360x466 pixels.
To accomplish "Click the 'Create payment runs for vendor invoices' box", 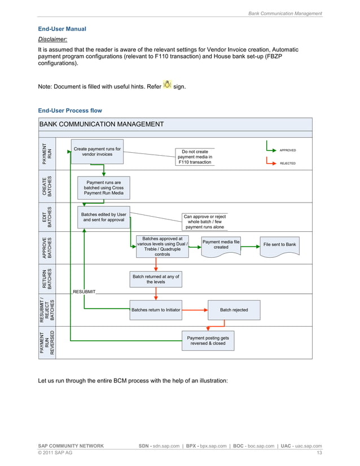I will [x=97, y=152].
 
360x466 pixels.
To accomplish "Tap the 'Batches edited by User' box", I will [x=104, y=217].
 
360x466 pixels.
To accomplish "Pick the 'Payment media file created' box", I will [x=221, y=245].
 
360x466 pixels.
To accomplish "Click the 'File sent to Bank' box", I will [x=279, y=245].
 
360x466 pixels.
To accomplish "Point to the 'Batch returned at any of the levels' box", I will [x=156, y=279].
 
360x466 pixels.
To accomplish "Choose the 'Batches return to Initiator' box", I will [x=156, y=310].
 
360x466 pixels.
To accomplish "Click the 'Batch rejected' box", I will [x=234, y=310].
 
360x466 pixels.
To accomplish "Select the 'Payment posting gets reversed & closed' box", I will [x=208, y=340].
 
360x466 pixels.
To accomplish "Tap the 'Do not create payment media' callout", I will [x=195, y=157].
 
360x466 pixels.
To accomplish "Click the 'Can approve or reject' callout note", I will [x=204, y=222].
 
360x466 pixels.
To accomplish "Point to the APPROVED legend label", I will [x=288, y=151].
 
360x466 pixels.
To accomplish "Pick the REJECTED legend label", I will [x=288, y=163].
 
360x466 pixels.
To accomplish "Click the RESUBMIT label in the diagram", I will [x=84, y=292].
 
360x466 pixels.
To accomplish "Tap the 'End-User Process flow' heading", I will [x=69, y=111].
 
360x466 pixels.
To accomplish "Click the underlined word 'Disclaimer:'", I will [x=52, y=39].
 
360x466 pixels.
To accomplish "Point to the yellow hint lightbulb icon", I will [x=167, y=85].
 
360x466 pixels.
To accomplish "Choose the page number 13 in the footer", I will [x=319, y=454].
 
